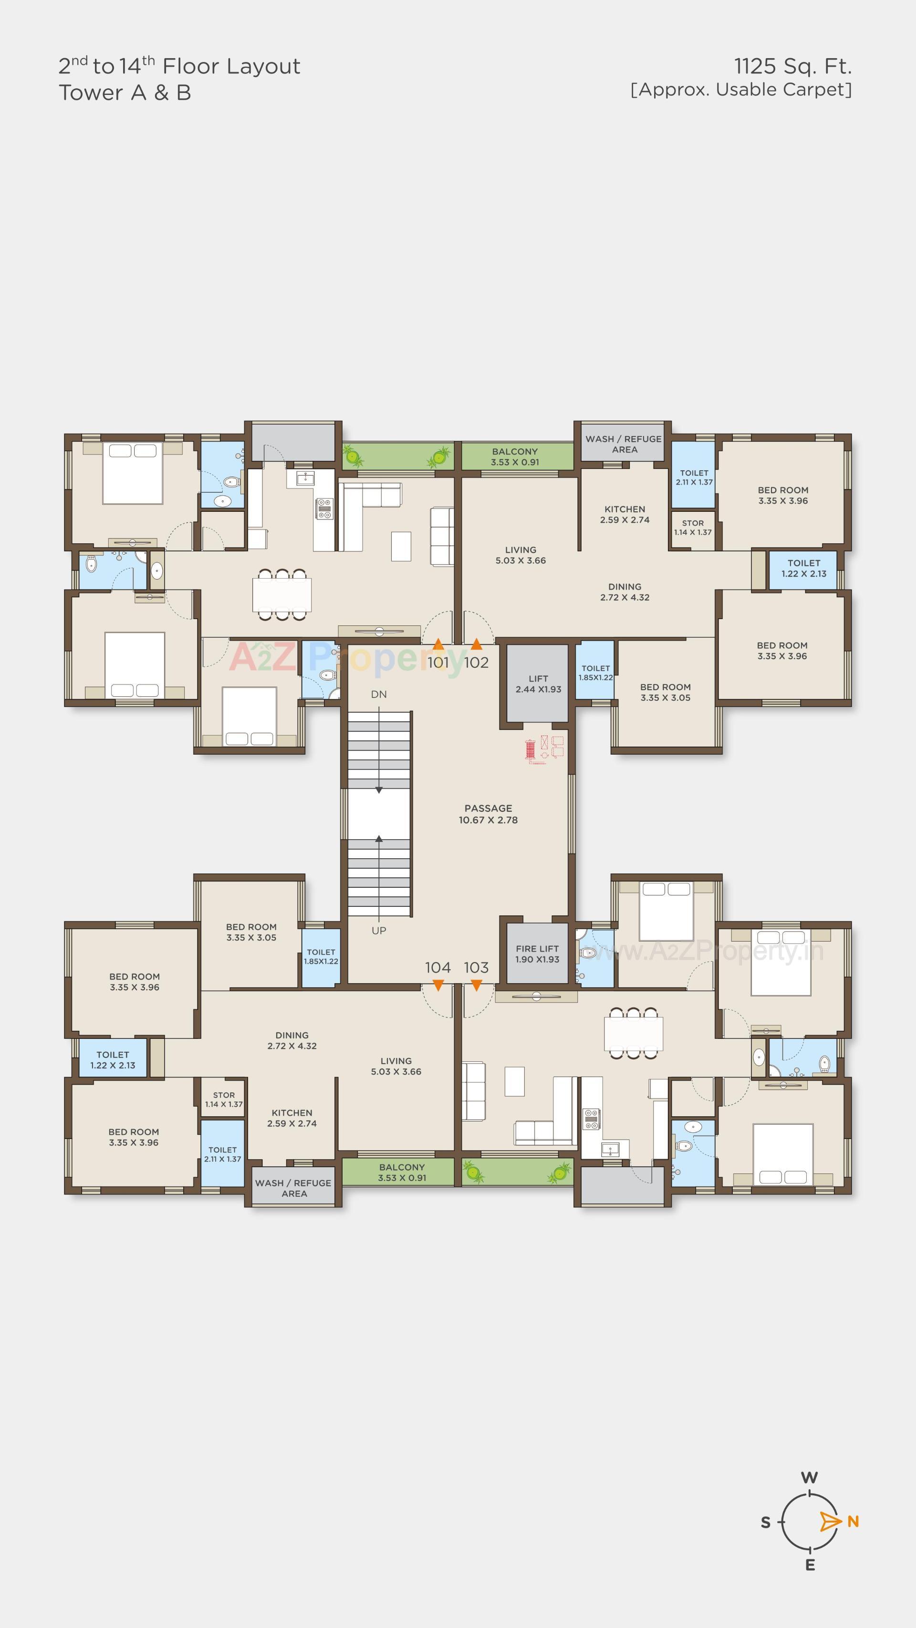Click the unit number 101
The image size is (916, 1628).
pos(437,663)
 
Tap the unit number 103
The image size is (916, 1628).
pos(476,967)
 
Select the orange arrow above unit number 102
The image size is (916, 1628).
pos(477,644)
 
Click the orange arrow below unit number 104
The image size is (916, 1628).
pos(438,985)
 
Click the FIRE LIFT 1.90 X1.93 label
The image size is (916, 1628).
pos(537,954)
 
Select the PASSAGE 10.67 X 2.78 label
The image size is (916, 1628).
pos(488,814)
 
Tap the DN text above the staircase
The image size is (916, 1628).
pos(379,694)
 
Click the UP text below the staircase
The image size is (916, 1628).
pos(379,930)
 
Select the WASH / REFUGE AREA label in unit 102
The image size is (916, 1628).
pos(624,444)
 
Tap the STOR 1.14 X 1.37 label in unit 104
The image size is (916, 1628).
pos(224,1099)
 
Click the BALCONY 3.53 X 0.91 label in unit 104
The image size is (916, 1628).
pos(402,1172)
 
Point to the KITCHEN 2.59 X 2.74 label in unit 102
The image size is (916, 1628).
pos(625,514)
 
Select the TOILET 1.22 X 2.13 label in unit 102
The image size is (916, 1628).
pos(803,568)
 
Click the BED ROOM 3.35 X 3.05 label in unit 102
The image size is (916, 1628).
pos(665,692)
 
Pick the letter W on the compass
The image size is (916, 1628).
pos(809,1478)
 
